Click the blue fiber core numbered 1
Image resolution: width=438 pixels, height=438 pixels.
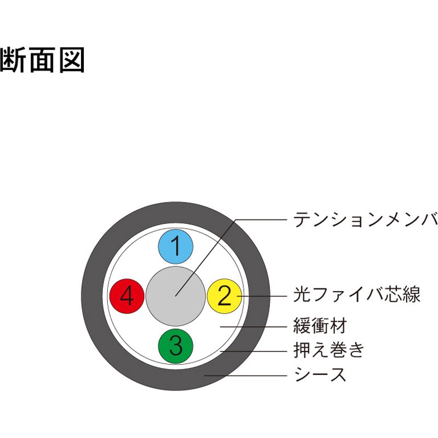[x=176, y=247]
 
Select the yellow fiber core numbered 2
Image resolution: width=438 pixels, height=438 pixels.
[x=224, y=296]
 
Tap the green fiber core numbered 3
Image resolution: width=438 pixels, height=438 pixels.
[x=176, y=345]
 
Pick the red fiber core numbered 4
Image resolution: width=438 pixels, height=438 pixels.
[x=127, y=296]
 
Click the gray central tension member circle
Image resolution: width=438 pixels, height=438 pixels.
[x=176, y=296]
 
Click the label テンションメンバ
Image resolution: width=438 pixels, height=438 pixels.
[x=365, y=220]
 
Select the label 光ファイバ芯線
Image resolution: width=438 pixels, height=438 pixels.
[x=357, y=294]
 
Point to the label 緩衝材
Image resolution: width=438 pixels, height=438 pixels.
[x=320, y=325]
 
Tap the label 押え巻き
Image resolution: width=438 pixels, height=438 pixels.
[x=329, y=349]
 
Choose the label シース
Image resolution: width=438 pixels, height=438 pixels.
[x=320, y=374]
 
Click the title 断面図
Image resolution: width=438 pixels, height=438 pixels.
[x=42, y=60]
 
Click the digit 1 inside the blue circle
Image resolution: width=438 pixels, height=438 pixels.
[x=176, y=246]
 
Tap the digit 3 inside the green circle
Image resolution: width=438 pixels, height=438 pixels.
[x=176, y=345]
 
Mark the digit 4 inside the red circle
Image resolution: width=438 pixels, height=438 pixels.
[x=127, y=296]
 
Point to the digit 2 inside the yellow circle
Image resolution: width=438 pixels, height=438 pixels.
[x=224, y=295]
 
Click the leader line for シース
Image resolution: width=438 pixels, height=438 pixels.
[x=245, y=376]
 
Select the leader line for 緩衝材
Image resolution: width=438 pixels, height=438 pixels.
[x=253, y=326]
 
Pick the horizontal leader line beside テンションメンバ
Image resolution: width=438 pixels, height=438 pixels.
[x=261, y=220]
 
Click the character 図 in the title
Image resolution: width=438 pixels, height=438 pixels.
[x=72, y=60]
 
